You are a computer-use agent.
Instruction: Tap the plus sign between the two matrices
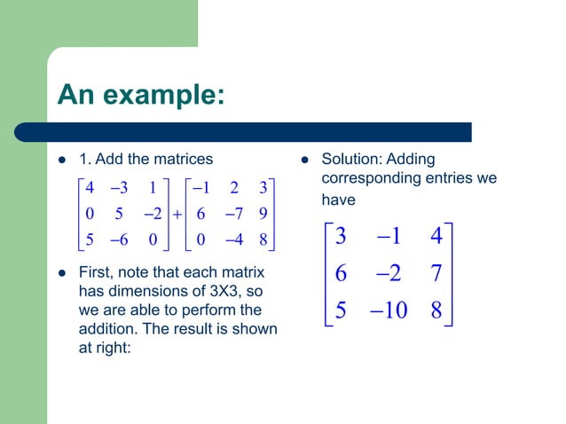tap(177, 214)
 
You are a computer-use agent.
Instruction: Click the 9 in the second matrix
tap(263, 214)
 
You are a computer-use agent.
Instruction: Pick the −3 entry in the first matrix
tap(120, 188)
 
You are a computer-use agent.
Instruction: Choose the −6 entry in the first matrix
tap(120, 239)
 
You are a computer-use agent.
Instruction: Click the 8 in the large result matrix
tap(436, 311)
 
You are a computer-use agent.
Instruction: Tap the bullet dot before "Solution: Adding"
tap(303, 161)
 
